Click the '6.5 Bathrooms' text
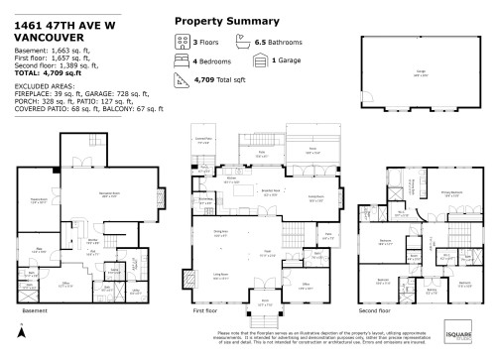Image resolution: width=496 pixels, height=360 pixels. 277,43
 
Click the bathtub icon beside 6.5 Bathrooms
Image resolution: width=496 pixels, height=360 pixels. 242,43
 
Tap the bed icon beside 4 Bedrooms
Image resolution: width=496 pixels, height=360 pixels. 182,60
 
